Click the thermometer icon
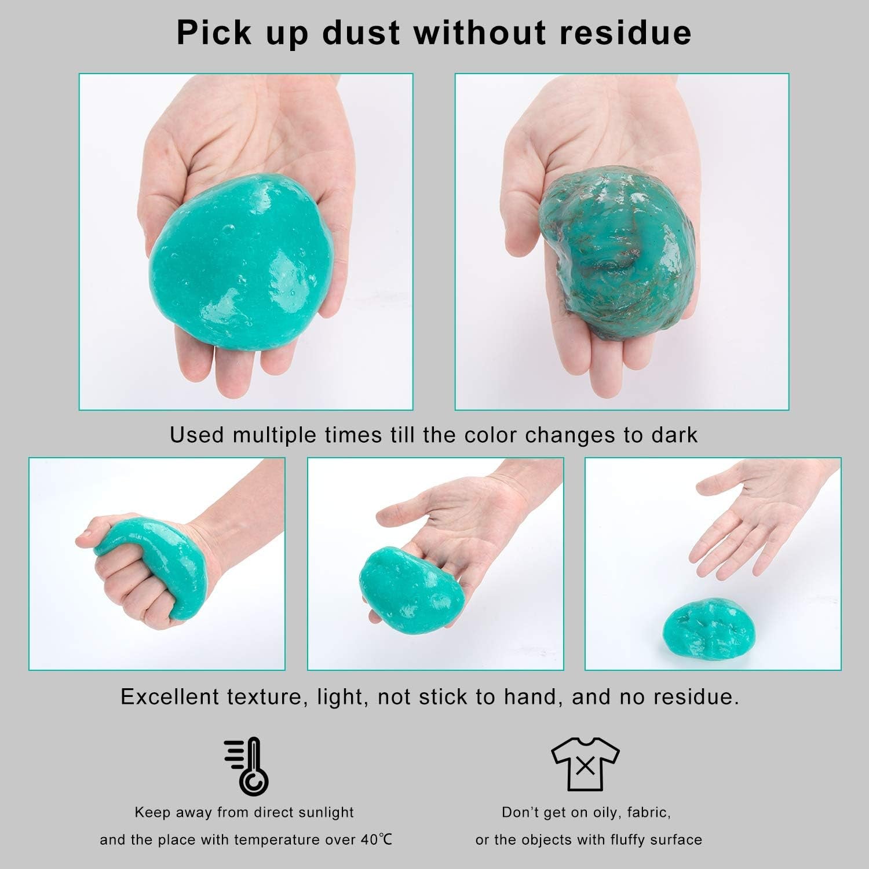pos(247,766)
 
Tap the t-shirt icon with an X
pos(585,766)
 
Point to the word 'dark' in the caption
pos(674,434)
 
